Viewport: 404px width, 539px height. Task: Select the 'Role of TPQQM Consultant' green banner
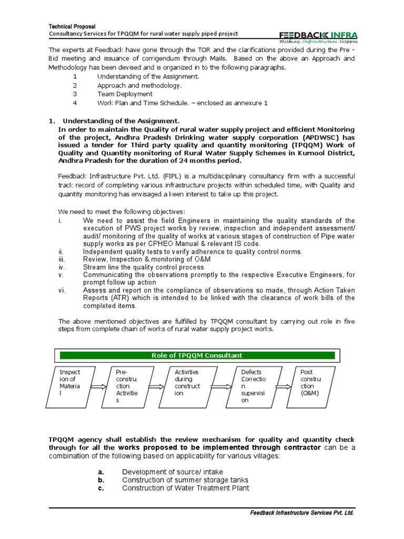(197, 355)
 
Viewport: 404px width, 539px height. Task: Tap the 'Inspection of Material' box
(70, 386)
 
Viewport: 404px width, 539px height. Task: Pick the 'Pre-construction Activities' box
(128, 386)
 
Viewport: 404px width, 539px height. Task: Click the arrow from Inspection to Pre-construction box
(98, 386)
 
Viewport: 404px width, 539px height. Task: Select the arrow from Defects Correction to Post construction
(282, 386)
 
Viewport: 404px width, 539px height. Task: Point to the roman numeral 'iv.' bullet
(61, 267)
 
